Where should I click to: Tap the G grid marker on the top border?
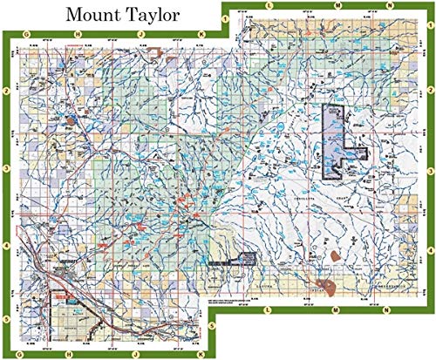(30, 35)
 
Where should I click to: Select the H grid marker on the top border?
(78, 35)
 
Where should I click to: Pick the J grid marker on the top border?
(140, 35)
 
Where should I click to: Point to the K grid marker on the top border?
(201, 35)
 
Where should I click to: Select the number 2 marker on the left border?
(6, 91)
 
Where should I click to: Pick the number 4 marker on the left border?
(6, 246)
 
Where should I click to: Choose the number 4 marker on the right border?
(431, 246)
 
